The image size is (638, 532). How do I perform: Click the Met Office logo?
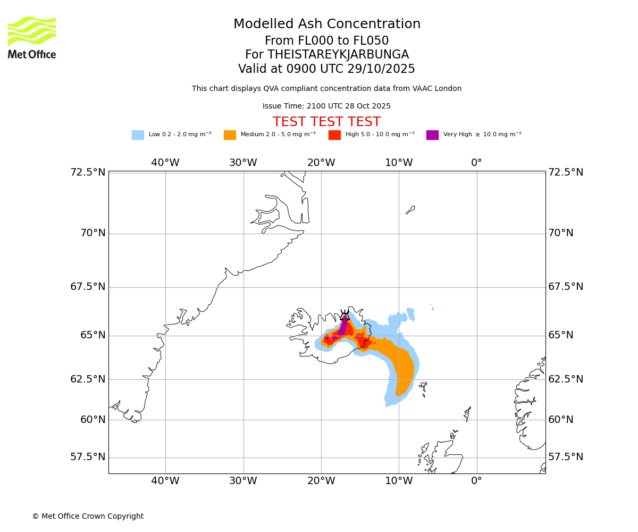32,37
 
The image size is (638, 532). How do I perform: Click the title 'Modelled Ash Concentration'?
326,24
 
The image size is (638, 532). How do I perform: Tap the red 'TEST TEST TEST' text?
326,122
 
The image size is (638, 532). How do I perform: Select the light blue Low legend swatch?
138,135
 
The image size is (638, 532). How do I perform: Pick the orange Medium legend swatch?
230,135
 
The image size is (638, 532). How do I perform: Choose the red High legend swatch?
334,135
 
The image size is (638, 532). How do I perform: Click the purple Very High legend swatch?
432,135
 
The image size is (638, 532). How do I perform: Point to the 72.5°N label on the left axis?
88,172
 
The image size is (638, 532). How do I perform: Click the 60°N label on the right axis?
561,420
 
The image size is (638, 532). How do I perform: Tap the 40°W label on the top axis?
165,163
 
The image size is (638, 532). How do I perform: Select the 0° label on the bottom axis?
476,481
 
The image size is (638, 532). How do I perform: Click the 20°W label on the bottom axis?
321,481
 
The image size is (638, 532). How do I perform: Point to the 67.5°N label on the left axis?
88,287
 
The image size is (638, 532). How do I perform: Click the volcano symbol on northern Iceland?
345,315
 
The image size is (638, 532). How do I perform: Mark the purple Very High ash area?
343,326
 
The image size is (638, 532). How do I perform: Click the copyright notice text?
88,517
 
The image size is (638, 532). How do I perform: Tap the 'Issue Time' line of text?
326,106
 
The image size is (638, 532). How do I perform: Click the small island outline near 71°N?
410,210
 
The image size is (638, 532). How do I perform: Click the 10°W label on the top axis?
399,163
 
